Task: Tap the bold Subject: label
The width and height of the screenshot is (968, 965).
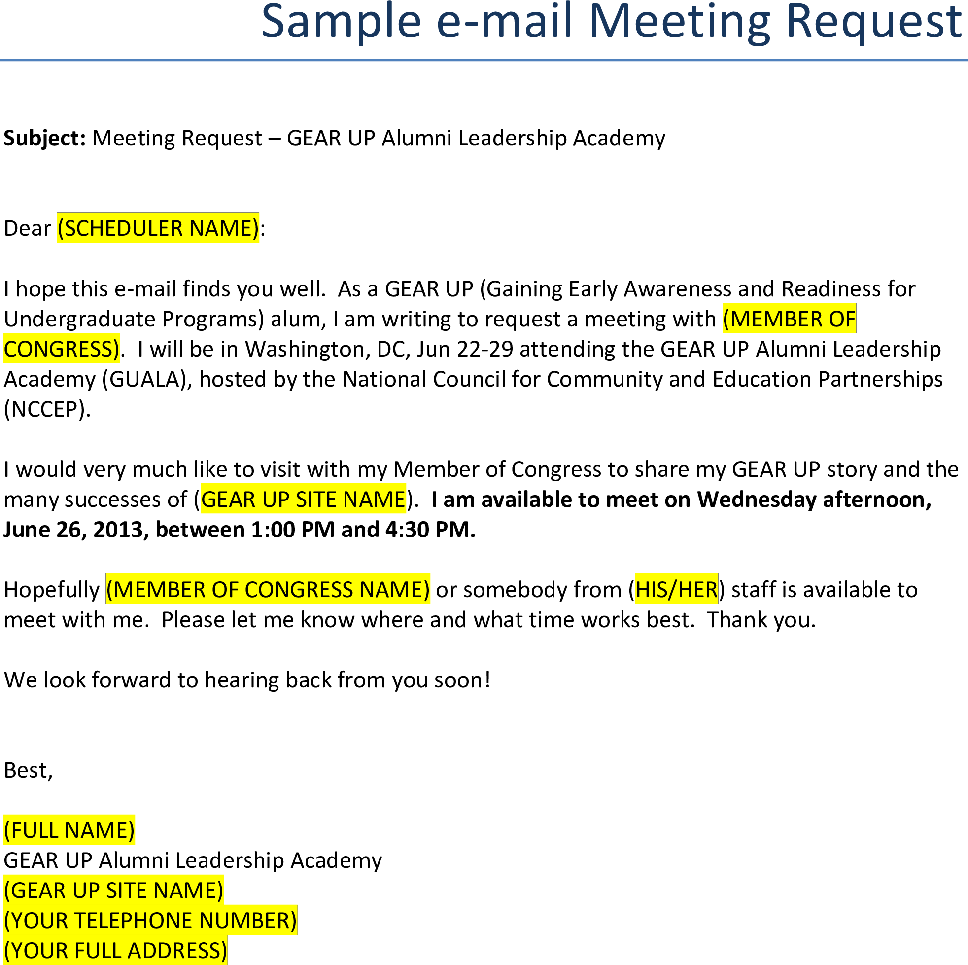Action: (x=45, y=139)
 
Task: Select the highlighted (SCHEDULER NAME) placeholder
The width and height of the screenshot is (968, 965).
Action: (x=158, y=228)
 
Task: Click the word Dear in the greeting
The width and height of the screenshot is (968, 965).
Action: (x=27, y=228)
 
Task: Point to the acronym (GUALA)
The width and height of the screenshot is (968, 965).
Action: (x=148, y=380)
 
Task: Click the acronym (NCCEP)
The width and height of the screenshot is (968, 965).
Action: (x=47, y=410)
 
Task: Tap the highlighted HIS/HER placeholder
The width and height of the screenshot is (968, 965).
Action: (x=676, y=590)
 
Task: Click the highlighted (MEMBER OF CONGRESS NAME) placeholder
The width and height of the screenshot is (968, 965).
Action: (x=268, y=590)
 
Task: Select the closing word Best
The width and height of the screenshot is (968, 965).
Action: (x=28, y=771)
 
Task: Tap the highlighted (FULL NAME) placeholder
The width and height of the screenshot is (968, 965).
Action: (x=69, y=831)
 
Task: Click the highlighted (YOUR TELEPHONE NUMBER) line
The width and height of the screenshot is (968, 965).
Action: (x=150, y=921)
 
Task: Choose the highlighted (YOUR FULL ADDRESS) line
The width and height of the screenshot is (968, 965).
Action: (x=115, y=951)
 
